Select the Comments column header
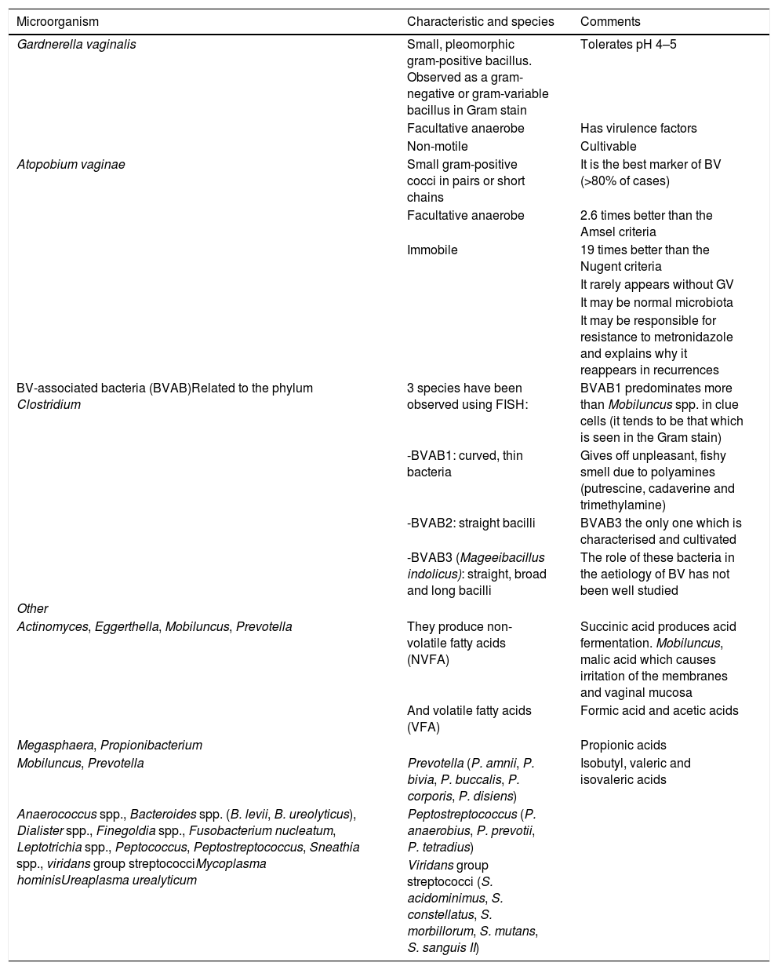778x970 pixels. pyautogui.click(x=609, y=22)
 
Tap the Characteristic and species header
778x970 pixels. pyautogui.click(x=480, y=22)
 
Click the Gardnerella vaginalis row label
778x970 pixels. pyautogui.click(x=76, y=45)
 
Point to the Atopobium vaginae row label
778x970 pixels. pyautogui.click(x=71, y=165)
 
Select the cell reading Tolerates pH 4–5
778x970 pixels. pyautogui.click(x=628, y=45)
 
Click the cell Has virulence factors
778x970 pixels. pyautogui.click(x=638, y=129)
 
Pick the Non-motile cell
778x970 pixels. pyautogui.click(x=437, y=147)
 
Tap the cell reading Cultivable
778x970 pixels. pyautogui.click(x=608, y=147)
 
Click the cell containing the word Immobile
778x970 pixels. pyautogui.click(x=432, y=250)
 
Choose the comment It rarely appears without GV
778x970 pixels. pyautogui.click(x=657, y=285)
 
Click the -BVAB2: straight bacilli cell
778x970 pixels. pyautogui.click(x=471, y=523)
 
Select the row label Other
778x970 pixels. pyautogui.click(x=32, y=609)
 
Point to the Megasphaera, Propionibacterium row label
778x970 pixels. pyautogui.click(x=110, y=746)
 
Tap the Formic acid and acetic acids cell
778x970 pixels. pyautogui.click(x=659, y=711)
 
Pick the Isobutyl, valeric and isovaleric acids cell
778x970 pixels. pyautogui.click(x=635, y=771)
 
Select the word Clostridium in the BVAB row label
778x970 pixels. pyautogui.click(x=49, y=405)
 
